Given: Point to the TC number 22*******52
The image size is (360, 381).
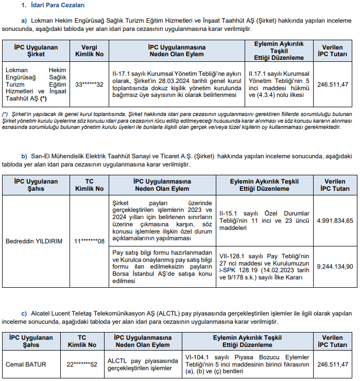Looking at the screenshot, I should click(x=82, y=365).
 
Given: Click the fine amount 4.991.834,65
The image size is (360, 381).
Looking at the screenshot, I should click(x=335, y=221).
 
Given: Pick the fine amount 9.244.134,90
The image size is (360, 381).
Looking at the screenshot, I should click(x=335, y=267).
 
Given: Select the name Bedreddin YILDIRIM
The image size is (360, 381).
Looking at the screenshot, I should click(x=33, y=241).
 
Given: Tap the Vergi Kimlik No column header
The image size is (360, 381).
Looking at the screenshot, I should click(x=89, y=50).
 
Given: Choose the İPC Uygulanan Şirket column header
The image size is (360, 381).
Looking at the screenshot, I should click(x=36, y=50).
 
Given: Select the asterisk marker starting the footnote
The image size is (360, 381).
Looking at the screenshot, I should click(x=5, y=113).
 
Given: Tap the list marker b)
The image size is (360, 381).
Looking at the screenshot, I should click(x=24, y=156).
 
